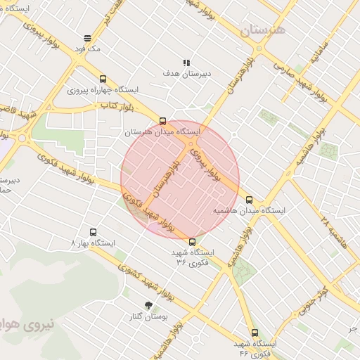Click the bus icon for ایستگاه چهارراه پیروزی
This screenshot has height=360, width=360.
tap(103, 79)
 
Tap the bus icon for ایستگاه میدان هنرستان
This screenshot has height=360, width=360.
tap(163, 121)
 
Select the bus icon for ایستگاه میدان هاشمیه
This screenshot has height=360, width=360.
tap(248, 200)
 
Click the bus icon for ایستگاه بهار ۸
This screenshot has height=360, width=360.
tap(93, 232)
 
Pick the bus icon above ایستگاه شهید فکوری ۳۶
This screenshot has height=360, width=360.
tap(193, 242)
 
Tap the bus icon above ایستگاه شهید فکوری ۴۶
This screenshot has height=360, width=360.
tap(254, 333)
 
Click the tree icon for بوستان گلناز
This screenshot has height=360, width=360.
tap(148, 305)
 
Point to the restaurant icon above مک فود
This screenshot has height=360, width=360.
tap(87, 38)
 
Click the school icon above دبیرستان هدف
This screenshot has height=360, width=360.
tap(187, 63)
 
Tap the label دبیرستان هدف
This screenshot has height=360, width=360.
tap(187, 73)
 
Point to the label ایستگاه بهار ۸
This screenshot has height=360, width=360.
tap(93, 243)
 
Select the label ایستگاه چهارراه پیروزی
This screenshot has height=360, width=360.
tap(104, 91)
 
